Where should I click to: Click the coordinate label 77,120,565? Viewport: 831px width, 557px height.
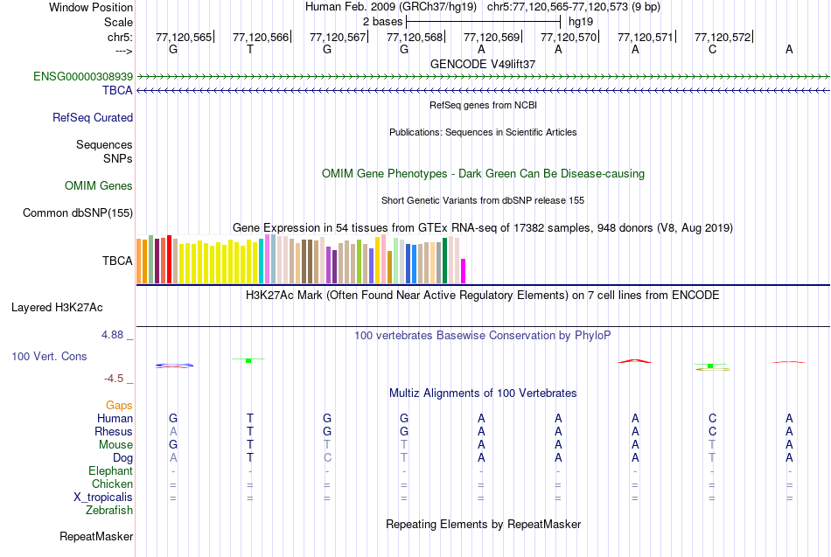(184, 37)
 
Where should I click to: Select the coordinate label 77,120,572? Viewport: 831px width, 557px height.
(723, 37)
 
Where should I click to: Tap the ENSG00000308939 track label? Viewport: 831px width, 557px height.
(83, 77)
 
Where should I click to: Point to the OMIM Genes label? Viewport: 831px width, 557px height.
(99, 185)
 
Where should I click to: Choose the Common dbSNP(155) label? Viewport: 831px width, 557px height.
(78, 212)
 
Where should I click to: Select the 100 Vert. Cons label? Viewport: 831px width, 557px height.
(50, 356)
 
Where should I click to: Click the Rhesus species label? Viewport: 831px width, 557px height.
(114, 431)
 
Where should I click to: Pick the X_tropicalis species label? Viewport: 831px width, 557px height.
(103, 497)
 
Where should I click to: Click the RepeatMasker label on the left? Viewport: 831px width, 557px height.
(96, 536)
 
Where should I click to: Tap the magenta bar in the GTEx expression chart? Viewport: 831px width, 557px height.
(464, 271)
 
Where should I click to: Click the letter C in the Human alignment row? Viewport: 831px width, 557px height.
(712, 418)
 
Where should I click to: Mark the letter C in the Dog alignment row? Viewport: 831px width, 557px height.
(327, 457)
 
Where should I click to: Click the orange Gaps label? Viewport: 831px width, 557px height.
(119, 405)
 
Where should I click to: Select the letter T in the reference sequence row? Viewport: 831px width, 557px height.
(250, 49)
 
